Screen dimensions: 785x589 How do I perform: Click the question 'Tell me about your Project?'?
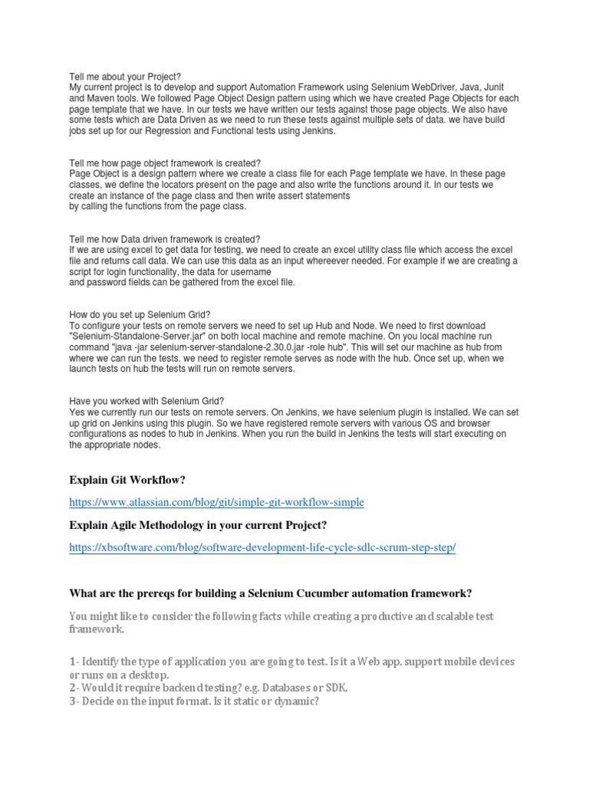(125, 77)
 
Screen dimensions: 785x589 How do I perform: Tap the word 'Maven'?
(104, 99)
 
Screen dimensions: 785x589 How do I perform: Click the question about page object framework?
(165, 163)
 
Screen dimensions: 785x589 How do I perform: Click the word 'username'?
(248, 271)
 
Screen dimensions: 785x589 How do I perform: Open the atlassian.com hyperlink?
(216, 502)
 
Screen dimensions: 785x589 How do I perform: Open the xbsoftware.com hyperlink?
(262, 547)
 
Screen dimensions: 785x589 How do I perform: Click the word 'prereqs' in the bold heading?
(163, 593)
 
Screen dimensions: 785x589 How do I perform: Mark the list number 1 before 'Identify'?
(73, 661)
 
